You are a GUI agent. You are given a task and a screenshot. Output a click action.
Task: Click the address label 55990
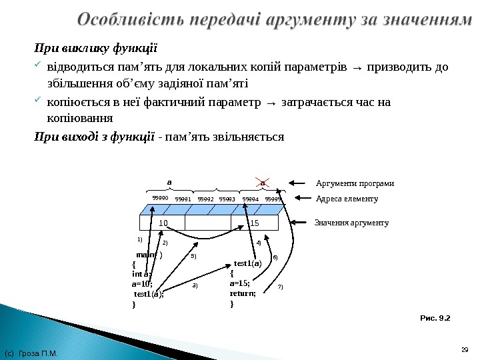click(x=160, y=198)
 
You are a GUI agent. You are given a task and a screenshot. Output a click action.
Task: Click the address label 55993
click(x=228, y=199)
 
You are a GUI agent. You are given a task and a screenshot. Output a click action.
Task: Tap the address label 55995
click(x=273, y=199)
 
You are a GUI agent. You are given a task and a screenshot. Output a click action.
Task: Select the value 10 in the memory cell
click(x=163, y=223)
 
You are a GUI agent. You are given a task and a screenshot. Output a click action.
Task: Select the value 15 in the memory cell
click(x=253, y=223)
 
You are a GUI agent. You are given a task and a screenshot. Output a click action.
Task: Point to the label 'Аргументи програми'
click(x=354, y=183)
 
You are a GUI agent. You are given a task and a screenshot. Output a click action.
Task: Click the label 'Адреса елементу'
click(x=346, y=199)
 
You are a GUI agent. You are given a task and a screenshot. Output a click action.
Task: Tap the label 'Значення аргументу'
click(x=351, y=223)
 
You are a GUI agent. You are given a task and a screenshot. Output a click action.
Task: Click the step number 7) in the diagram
click(x=281, y=287)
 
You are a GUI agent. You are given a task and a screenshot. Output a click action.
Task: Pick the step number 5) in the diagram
click(x=193, y=256)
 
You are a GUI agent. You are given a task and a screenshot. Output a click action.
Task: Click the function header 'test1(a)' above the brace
click(x=248, y=263)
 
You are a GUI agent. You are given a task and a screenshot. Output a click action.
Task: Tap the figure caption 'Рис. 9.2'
click(x=435, y=318)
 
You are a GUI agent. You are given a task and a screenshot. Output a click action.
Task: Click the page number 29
click(x=465, y=349)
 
